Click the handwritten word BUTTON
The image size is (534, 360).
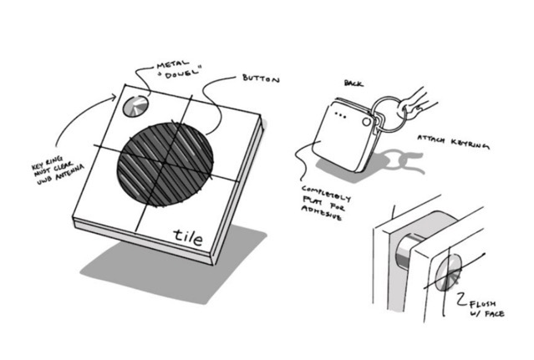click(261, 79)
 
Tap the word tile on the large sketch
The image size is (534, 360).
click(188, 237)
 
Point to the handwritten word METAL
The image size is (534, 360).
click(172, 64)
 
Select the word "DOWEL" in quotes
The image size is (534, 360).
click(180, 74)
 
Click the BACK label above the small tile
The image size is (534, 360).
click(353, 84)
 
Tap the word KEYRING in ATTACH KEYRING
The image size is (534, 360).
click(470, 144)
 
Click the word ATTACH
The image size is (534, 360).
click(431, 139)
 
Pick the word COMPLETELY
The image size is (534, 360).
click(326, 193)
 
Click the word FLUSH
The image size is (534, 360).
click(482, 303)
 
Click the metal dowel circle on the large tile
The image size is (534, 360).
click(135, 106)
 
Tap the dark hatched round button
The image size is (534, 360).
click(165, 165)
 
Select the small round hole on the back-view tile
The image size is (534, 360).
click(366, 121)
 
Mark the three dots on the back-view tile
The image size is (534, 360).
click(341, 115)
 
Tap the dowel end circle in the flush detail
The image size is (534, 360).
click(448, 272)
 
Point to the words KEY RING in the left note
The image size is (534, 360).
click(47, 163)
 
